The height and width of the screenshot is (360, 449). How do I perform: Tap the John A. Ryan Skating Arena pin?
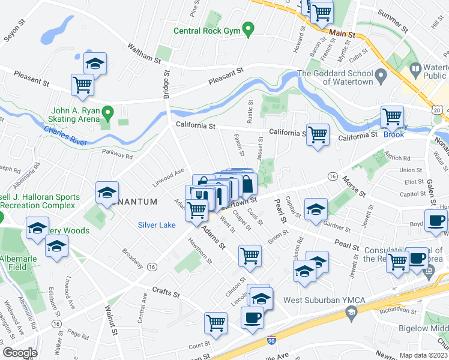click(108, 112)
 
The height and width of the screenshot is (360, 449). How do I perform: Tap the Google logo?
click(19, 353)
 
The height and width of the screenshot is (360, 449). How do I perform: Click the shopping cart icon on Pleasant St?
click(83, 85)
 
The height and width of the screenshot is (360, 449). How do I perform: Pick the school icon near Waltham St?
click(95, 64)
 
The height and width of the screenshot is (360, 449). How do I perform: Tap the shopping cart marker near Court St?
click(215, 323)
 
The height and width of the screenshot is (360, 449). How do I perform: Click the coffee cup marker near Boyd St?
click(436, 220)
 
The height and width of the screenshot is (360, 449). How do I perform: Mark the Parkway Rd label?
click(117, 154)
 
